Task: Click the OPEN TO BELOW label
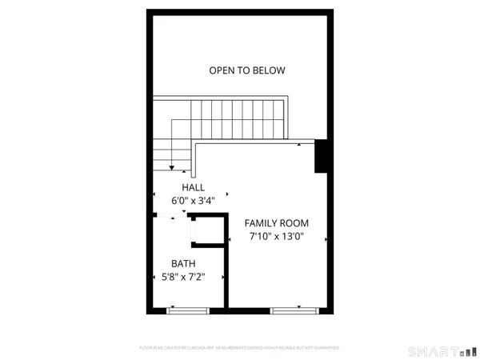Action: coord(247,70)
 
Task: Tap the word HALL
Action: coord(192,187)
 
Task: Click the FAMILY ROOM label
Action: coord(277,223)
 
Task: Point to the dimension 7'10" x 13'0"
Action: coord(277,238)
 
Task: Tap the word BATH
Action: coord(183,263)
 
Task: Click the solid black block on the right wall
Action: coord(322,156)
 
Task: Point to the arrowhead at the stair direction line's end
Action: coord(172,166)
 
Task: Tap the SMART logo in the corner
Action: coord(437,350)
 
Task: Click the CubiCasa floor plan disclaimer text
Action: coord(240,348)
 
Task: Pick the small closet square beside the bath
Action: coord(205,230)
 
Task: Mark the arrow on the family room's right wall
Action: coord(326,238)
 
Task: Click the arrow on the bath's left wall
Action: coord(154,278)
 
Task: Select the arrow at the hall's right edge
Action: coord(227,193)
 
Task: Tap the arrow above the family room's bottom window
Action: coord(298,305)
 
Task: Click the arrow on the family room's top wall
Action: coord(298,146)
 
